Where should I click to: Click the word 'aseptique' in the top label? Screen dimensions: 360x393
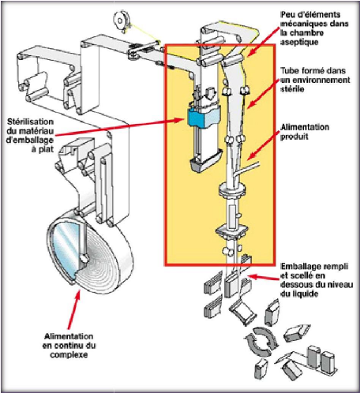coord(299,42)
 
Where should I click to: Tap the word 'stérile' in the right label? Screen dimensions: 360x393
coord(292,89)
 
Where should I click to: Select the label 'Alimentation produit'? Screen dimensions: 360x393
coord(305,132)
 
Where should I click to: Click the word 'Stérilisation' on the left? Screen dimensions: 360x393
coord(30,122)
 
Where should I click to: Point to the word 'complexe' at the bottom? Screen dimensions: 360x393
coord(69,354)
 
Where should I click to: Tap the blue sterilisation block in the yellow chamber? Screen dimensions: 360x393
coord(203,116)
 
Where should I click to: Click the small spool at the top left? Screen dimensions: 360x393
coord(121,20)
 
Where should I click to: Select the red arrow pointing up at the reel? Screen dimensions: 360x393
coord(73,309)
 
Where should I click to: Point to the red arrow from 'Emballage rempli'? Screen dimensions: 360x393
coord(264,277)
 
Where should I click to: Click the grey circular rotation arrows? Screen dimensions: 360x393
coord(261,341)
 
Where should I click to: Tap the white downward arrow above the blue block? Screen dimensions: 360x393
coord(211,94)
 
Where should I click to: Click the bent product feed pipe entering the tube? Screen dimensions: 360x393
coord(246,170)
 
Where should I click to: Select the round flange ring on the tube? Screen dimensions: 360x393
coord(232,189)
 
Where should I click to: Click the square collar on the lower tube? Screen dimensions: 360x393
coord(231,230)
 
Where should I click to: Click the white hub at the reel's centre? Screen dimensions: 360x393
coord(84,259)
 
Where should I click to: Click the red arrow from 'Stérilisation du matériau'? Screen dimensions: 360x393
coord(120,128)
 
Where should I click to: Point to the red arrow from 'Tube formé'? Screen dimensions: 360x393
coord(262,93)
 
